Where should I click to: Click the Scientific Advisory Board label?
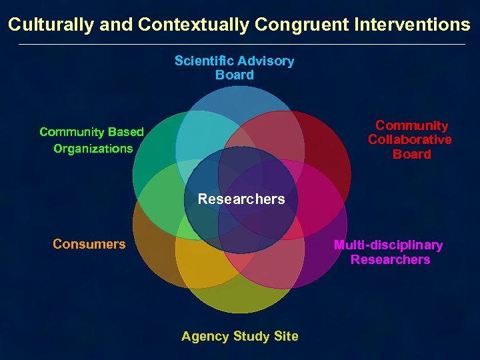pos(234,68)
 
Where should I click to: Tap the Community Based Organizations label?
pos(92,140)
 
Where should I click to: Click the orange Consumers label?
pos(89,244)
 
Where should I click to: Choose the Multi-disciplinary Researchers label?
pos(389,252)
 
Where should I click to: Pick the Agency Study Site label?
pos(239,336)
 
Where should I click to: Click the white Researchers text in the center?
pos(241,199)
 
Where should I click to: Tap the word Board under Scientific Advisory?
pos(235,75)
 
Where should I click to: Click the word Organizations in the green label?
pos(93,148)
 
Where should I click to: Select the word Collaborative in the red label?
pos(410,139)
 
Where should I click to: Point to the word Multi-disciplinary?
pos(389,245)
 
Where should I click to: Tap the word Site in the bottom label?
pos(286,336)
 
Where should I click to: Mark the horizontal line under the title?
pos(240,44)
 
